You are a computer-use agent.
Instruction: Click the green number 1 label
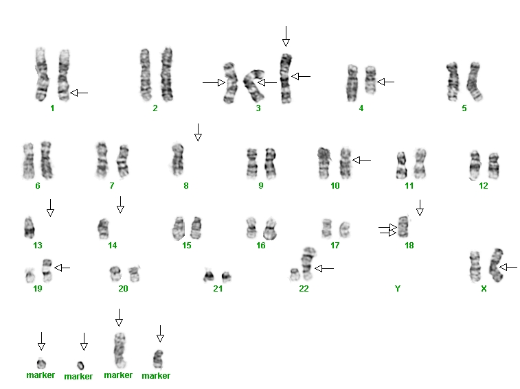pos(52,108)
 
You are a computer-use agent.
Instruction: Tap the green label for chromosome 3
pos(258,108)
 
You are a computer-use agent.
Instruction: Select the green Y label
pos(398,289)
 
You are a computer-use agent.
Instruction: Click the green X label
pos(484,289)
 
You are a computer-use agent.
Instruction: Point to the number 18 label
pos(409,245)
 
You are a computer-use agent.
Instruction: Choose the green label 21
pos(218,289)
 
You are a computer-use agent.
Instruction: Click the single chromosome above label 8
pos(178,159)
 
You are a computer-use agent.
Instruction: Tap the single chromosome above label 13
pos(29,227)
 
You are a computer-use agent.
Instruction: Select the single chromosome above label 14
pos(104,228)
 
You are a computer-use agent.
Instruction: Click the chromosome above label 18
pos(403,226)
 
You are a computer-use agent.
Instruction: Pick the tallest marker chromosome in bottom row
pos(120,350)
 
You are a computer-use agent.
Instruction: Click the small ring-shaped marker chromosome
pos(80,366)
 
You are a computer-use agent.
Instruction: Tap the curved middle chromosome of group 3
pos(255,84)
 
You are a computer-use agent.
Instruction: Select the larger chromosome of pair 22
pos(308,263)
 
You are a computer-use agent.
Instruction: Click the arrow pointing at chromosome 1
pos(79,93)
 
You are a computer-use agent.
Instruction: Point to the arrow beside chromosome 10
pos(361,161)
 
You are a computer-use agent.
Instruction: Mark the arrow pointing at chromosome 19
pos(62,268)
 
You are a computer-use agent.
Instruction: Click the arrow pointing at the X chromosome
pos(508,267)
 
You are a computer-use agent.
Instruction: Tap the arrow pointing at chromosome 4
pos(385,82)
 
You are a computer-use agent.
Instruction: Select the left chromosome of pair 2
pos(145,75)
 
